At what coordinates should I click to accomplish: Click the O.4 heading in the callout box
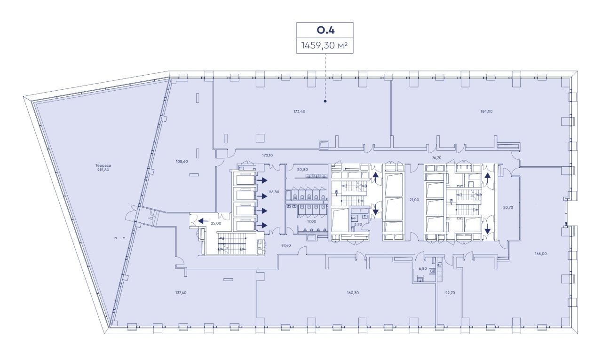(x=325, y=30)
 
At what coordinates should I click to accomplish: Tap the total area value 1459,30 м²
(x=325, y=46)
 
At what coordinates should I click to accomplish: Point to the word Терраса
(x=103, y=166)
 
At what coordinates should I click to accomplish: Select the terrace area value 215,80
(x=103, y=170)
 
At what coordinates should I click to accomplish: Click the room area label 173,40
(x=299, y=111)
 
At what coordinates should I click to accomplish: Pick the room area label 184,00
(x=486, y=111)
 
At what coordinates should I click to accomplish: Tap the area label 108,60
(x=182, y=162)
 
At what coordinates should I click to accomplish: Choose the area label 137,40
(x=181, y=293)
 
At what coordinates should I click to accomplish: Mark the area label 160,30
(x=353, y=293)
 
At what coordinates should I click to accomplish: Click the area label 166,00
(x=541, y=254)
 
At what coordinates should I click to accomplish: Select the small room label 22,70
(x=450, y=293)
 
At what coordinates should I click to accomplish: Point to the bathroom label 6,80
(x=423, y=269)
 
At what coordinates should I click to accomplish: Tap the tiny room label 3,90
(x=358, y=224)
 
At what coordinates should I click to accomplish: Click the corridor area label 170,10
(x=267, y=155)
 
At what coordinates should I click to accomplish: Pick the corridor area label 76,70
(x=437, y=158)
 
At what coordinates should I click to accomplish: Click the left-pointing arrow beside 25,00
(x=204, y=221)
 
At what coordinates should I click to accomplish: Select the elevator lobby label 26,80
(x=274, y=192)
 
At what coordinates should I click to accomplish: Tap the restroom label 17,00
(x=312, y=222)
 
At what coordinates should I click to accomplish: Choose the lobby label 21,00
(x=414, y=200)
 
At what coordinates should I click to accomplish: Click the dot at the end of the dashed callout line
(x=325, y=102)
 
